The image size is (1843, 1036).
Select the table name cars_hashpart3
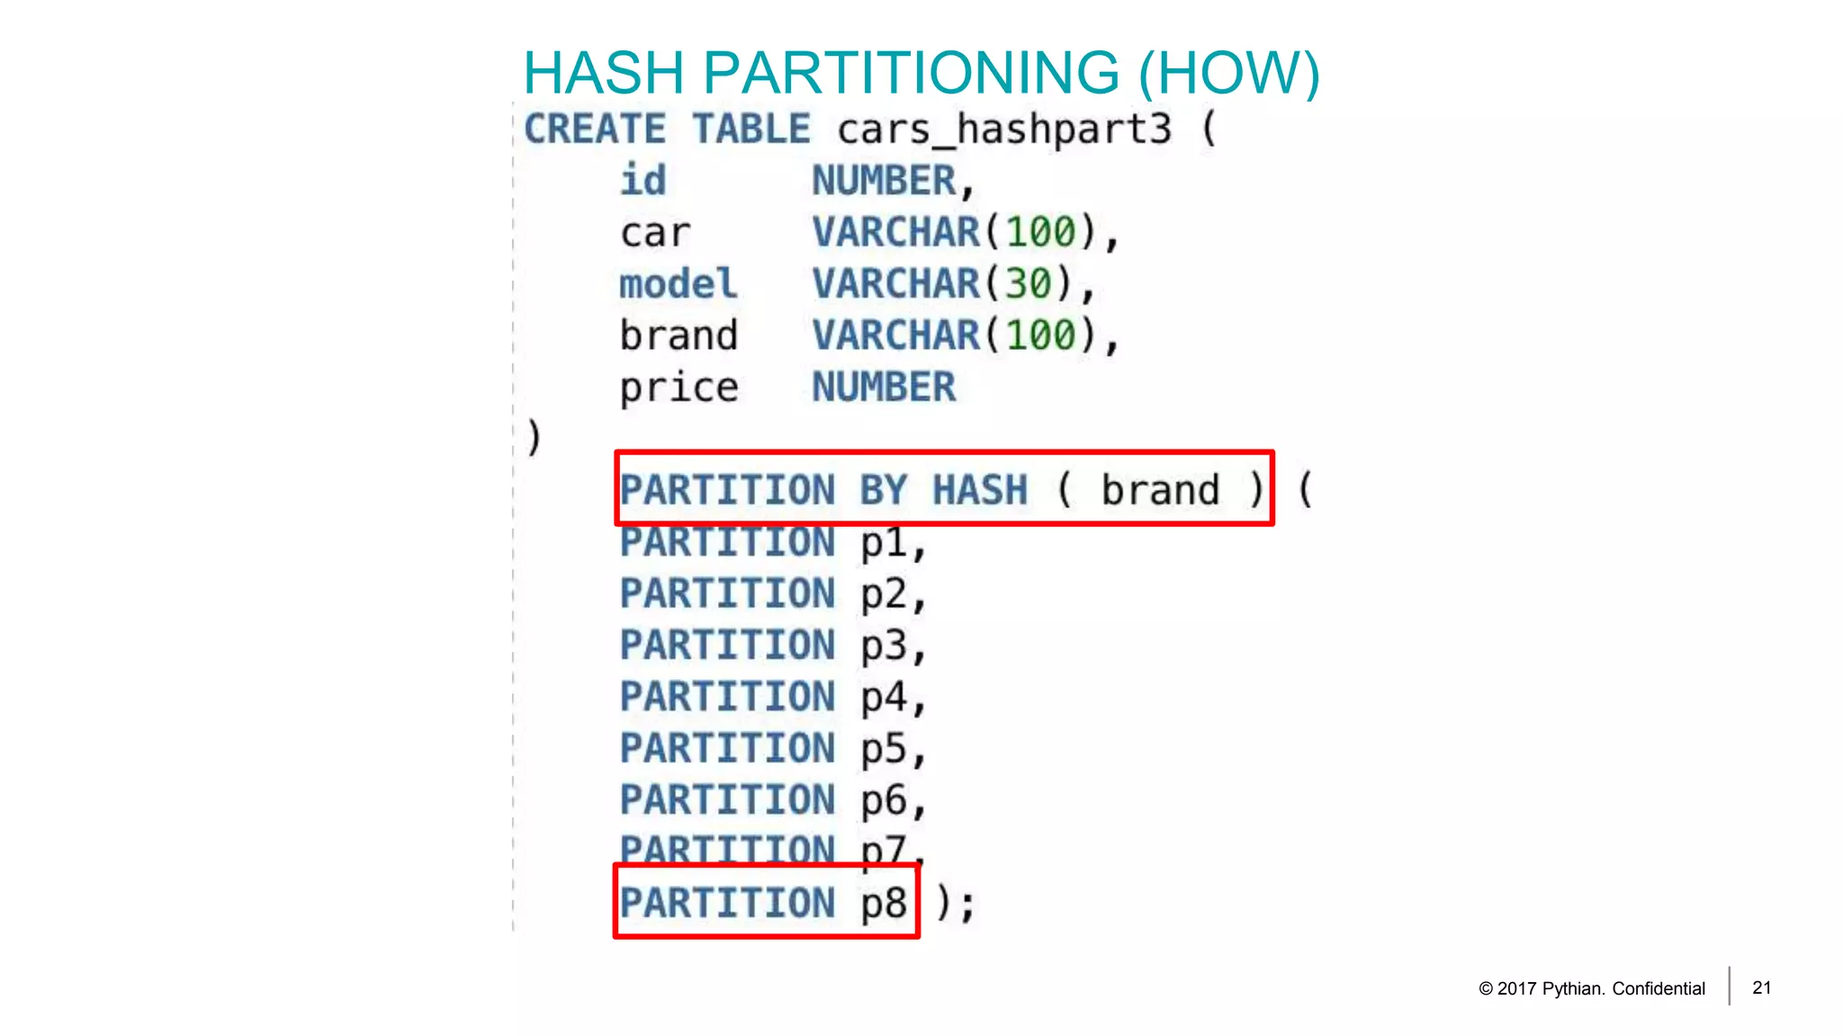pos(1004,129)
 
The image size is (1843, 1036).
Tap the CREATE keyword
pos(595,129)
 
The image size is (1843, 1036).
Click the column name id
pos(643,181)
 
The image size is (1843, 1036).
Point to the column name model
pos(678,284)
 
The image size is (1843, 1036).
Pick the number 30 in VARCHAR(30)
pos(1028,284)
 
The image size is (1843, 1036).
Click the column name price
pos(679,388)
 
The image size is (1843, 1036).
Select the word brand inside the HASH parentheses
pos(1160,491)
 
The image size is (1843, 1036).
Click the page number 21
pos(1762,987)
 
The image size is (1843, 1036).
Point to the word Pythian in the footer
pos(1571,988)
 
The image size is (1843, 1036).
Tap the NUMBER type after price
pos(884,388)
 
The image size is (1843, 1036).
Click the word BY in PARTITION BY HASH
pos(883,491)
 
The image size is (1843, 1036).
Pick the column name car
pos(655,233)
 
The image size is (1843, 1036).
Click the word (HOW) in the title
pos(1229,73)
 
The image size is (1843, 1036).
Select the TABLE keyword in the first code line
pos(751,129)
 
